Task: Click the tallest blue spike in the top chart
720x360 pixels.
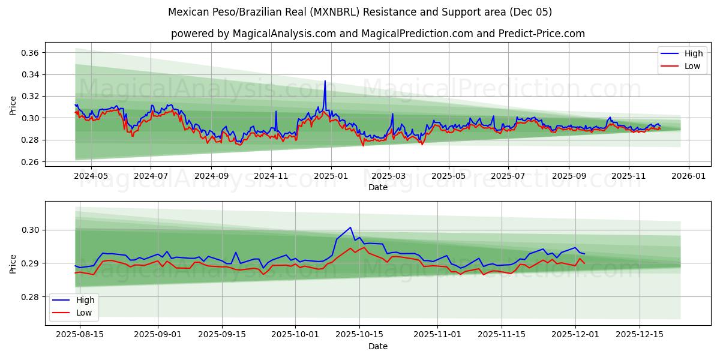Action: click(325, 81)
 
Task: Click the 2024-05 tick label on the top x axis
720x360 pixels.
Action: click(91, 176)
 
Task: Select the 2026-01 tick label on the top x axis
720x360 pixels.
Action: click(688, 176)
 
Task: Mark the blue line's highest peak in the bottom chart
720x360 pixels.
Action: click(350, 227)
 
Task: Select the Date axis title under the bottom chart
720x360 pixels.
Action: click(377, 346)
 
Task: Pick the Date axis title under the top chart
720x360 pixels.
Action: click(377, 187)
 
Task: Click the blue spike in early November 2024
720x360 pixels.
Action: click(276, 112)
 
